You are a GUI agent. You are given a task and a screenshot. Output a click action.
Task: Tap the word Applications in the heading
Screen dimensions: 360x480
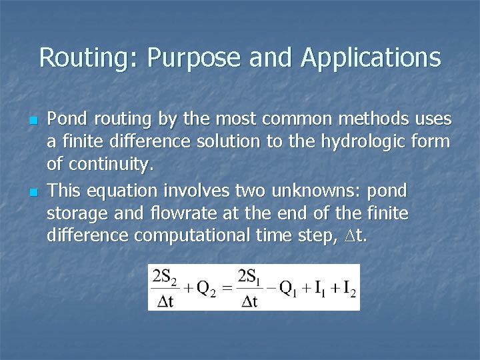click(x=371, y=58)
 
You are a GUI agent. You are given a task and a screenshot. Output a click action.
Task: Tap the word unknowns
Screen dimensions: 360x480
click(x=300, y=191)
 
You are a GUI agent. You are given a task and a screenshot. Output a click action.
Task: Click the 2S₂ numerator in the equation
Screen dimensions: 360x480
click(x=165, y=276)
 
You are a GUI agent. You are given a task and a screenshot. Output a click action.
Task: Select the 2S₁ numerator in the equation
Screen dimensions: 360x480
click(x=251, y=276)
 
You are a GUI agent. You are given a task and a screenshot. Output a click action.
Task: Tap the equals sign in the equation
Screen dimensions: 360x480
click(x=227, y=289)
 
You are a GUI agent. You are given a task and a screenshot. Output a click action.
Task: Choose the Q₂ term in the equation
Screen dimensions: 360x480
click(x=206, y=288)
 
